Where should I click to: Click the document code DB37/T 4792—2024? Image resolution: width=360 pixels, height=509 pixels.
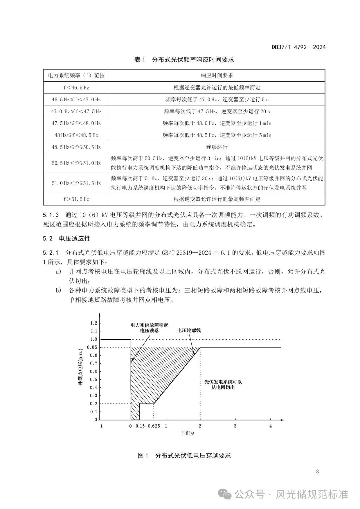[x=298, y=47]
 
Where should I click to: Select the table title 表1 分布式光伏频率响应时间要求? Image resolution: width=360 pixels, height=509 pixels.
[x=184, y=60]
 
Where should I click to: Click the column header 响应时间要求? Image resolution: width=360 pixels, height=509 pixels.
[x=217, y=75]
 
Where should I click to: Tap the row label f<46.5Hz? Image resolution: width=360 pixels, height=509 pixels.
[x=76, y=88]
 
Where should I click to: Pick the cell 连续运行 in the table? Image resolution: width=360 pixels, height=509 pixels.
[x=217, y=147]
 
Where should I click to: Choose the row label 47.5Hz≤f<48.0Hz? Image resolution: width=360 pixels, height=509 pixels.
[x=76, y=123]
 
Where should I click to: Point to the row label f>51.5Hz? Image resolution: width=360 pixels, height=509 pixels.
[x=76, y=199]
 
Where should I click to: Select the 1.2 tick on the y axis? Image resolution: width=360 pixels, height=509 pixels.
[x=94, y=323]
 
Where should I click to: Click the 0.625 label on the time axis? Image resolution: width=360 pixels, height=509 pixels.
[x=154, y=426]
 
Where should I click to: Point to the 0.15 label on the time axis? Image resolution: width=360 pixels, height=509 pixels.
[x=140, y=426]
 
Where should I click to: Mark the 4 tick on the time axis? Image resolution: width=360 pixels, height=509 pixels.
[x=271, y=426]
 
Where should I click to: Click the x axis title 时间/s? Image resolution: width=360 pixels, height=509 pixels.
[x=188, y=433]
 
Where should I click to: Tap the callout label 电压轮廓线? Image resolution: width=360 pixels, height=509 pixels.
[x=189, y=330]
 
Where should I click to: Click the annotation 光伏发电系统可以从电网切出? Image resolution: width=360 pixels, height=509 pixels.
[x=223, y=385]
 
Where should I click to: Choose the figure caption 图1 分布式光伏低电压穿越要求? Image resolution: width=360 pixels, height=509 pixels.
[x=184, y=455]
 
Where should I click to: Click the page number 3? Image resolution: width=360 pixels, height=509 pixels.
[x=317, y=471]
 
